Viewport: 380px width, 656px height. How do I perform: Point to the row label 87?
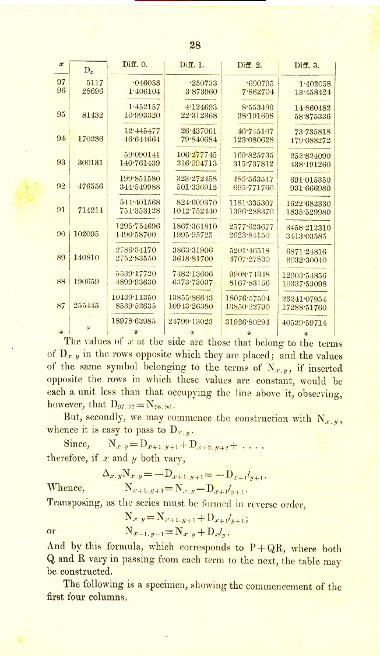60,304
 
